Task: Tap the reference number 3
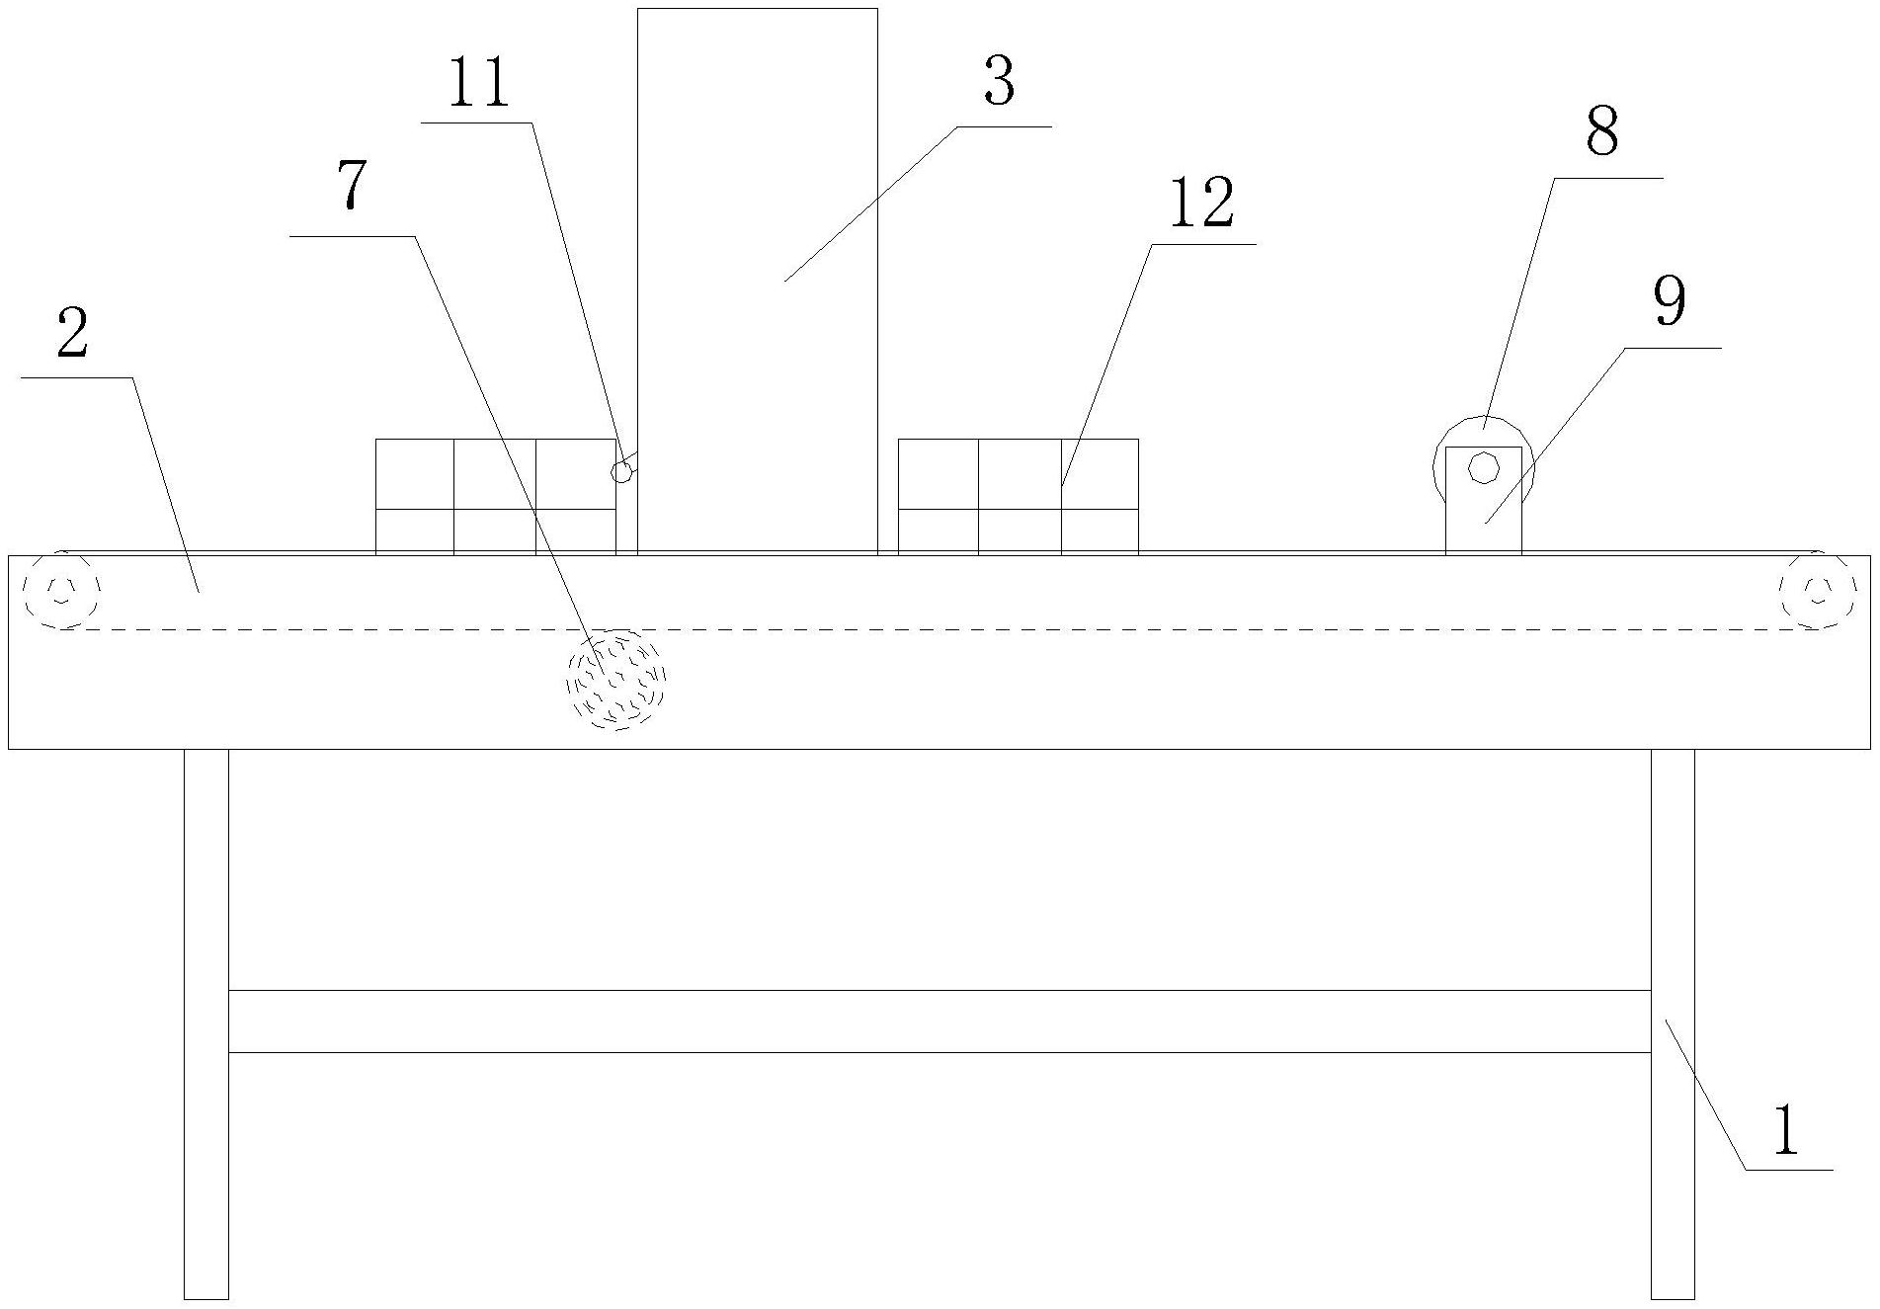click(999, 83)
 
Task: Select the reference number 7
click(351, 186)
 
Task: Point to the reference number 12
click(1201, 205)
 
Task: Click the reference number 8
click(1601, 132)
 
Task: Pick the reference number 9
click(1670, 302)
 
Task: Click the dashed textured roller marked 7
click(616, 680)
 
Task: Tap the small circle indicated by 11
click(621, 472)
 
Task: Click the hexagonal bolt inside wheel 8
click(1483, 467)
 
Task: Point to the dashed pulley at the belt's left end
click(62, 590)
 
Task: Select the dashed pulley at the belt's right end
click(1817, 590)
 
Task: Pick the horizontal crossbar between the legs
click(939, 1021)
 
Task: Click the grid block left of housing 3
click(495, 496)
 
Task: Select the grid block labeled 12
click(1018, 496)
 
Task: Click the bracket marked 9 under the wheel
click(1483, 519)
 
